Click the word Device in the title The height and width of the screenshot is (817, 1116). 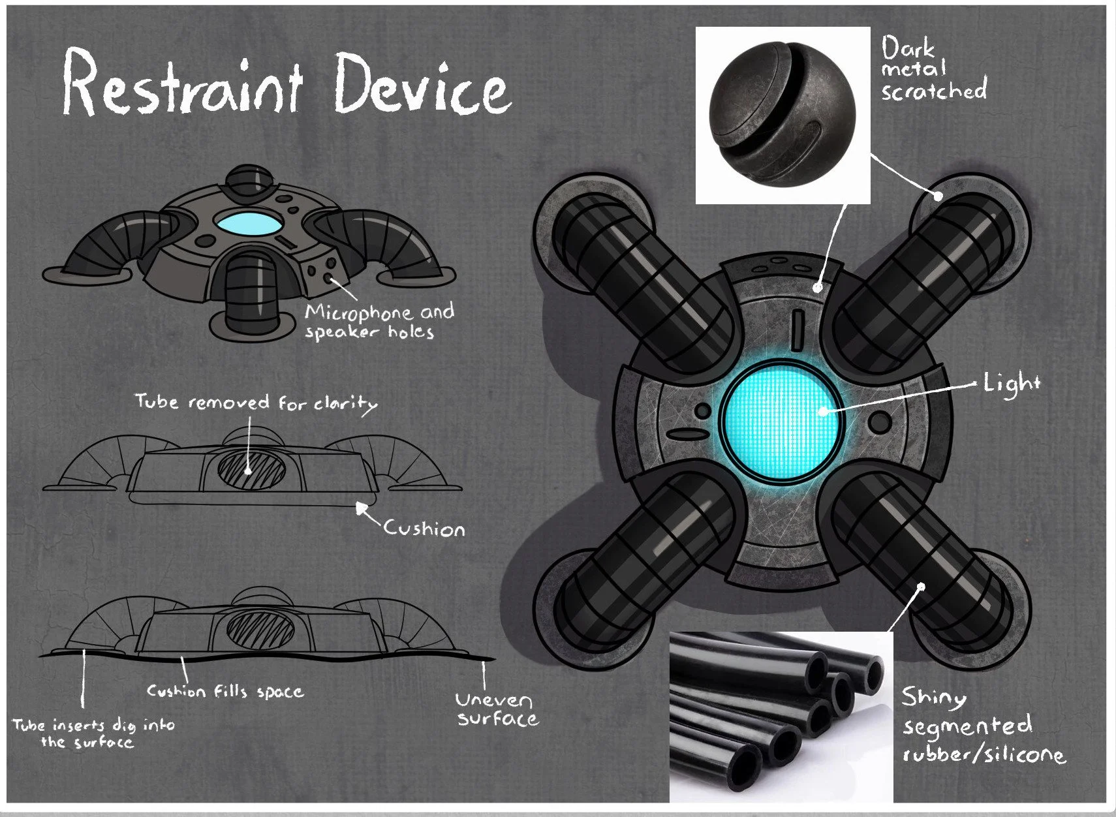pos(421,85)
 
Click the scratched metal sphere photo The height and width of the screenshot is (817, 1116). pos(782,114)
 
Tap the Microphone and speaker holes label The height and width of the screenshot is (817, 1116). pos(379,321)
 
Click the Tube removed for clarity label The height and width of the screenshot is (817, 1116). pos(256,403)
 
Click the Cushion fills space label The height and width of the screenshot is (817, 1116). pos(225,691)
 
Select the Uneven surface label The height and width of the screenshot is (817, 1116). pos(496,709)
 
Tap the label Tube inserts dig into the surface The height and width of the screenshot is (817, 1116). pos(93,733)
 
